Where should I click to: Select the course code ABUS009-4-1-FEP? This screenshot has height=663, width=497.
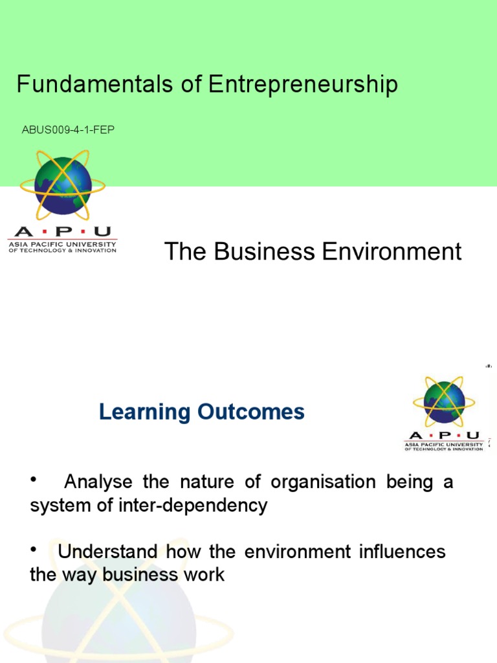tap(69, 130)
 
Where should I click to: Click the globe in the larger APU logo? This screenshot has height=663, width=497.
tap(63, 186)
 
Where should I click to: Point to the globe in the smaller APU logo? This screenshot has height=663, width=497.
tap(444, 401)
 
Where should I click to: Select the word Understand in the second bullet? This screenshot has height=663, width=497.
tap(107, 552)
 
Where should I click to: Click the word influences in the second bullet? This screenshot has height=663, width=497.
tap(401, 552)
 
